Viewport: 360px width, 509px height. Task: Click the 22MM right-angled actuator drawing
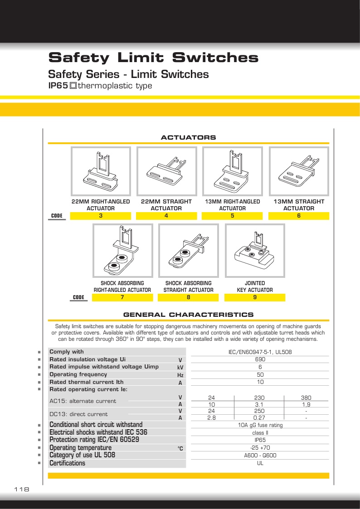pos(101,171)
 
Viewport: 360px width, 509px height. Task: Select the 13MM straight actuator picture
pos(299,171)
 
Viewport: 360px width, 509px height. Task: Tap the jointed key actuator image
pos(255,251)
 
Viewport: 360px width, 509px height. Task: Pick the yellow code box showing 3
pos(101,216)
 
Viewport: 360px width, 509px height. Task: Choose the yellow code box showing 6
pos(299,216)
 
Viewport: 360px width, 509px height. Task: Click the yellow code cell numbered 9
pos(255,297)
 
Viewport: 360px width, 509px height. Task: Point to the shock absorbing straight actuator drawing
pos(188,251)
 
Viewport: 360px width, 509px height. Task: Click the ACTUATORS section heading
pos(188,137)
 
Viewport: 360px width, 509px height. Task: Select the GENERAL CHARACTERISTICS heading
pos(188,315)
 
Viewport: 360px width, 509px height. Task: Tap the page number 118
pos(22,490)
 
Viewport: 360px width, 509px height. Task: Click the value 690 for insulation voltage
pos(260,359)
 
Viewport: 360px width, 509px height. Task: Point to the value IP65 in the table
pos(260,440)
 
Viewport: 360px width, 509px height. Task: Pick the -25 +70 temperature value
pos(260,447)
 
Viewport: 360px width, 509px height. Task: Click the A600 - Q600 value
pos(260,455)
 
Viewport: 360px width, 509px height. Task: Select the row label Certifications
pos(67,463)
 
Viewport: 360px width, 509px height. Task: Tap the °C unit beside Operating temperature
pos(180,448)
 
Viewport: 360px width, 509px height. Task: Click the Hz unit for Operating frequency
pos(180,375)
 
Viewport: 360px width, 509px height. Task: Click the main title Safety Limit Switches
pos(153,58)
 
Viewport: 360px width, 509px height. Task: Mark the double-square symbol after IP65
pos(73,86)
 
